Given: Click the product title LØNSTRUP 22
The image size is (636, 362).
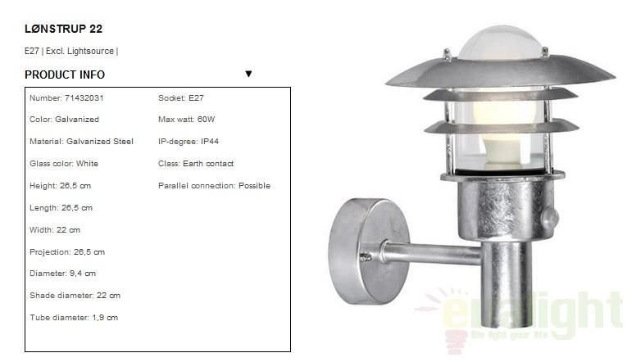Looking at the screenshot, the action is (63, 29).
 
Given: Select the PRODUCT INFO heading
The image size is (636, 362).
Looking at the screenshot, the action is (65, 75).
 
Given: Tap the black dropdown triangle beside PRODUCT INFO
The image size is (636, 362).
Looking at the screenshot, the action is (248, 74).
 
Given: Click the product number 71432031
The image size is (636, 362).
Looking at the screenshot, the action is (84, 97).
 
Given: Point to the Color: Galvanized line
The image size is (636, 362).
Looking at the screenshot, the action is (64, 120).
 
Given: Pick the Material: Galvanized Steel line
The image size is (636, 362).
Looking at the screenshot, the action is (81, 142).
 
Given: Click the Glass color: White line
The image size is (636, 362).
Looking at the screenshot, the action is (64, 163).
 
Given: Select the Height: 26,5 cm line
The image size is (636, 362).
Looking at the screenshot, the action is (60, 186).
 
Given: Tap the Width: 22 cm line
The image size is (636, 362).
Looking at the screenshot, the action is (55, 230).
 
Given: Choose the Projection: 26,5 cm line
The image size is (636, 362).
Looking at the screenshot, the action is (67, 251).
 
